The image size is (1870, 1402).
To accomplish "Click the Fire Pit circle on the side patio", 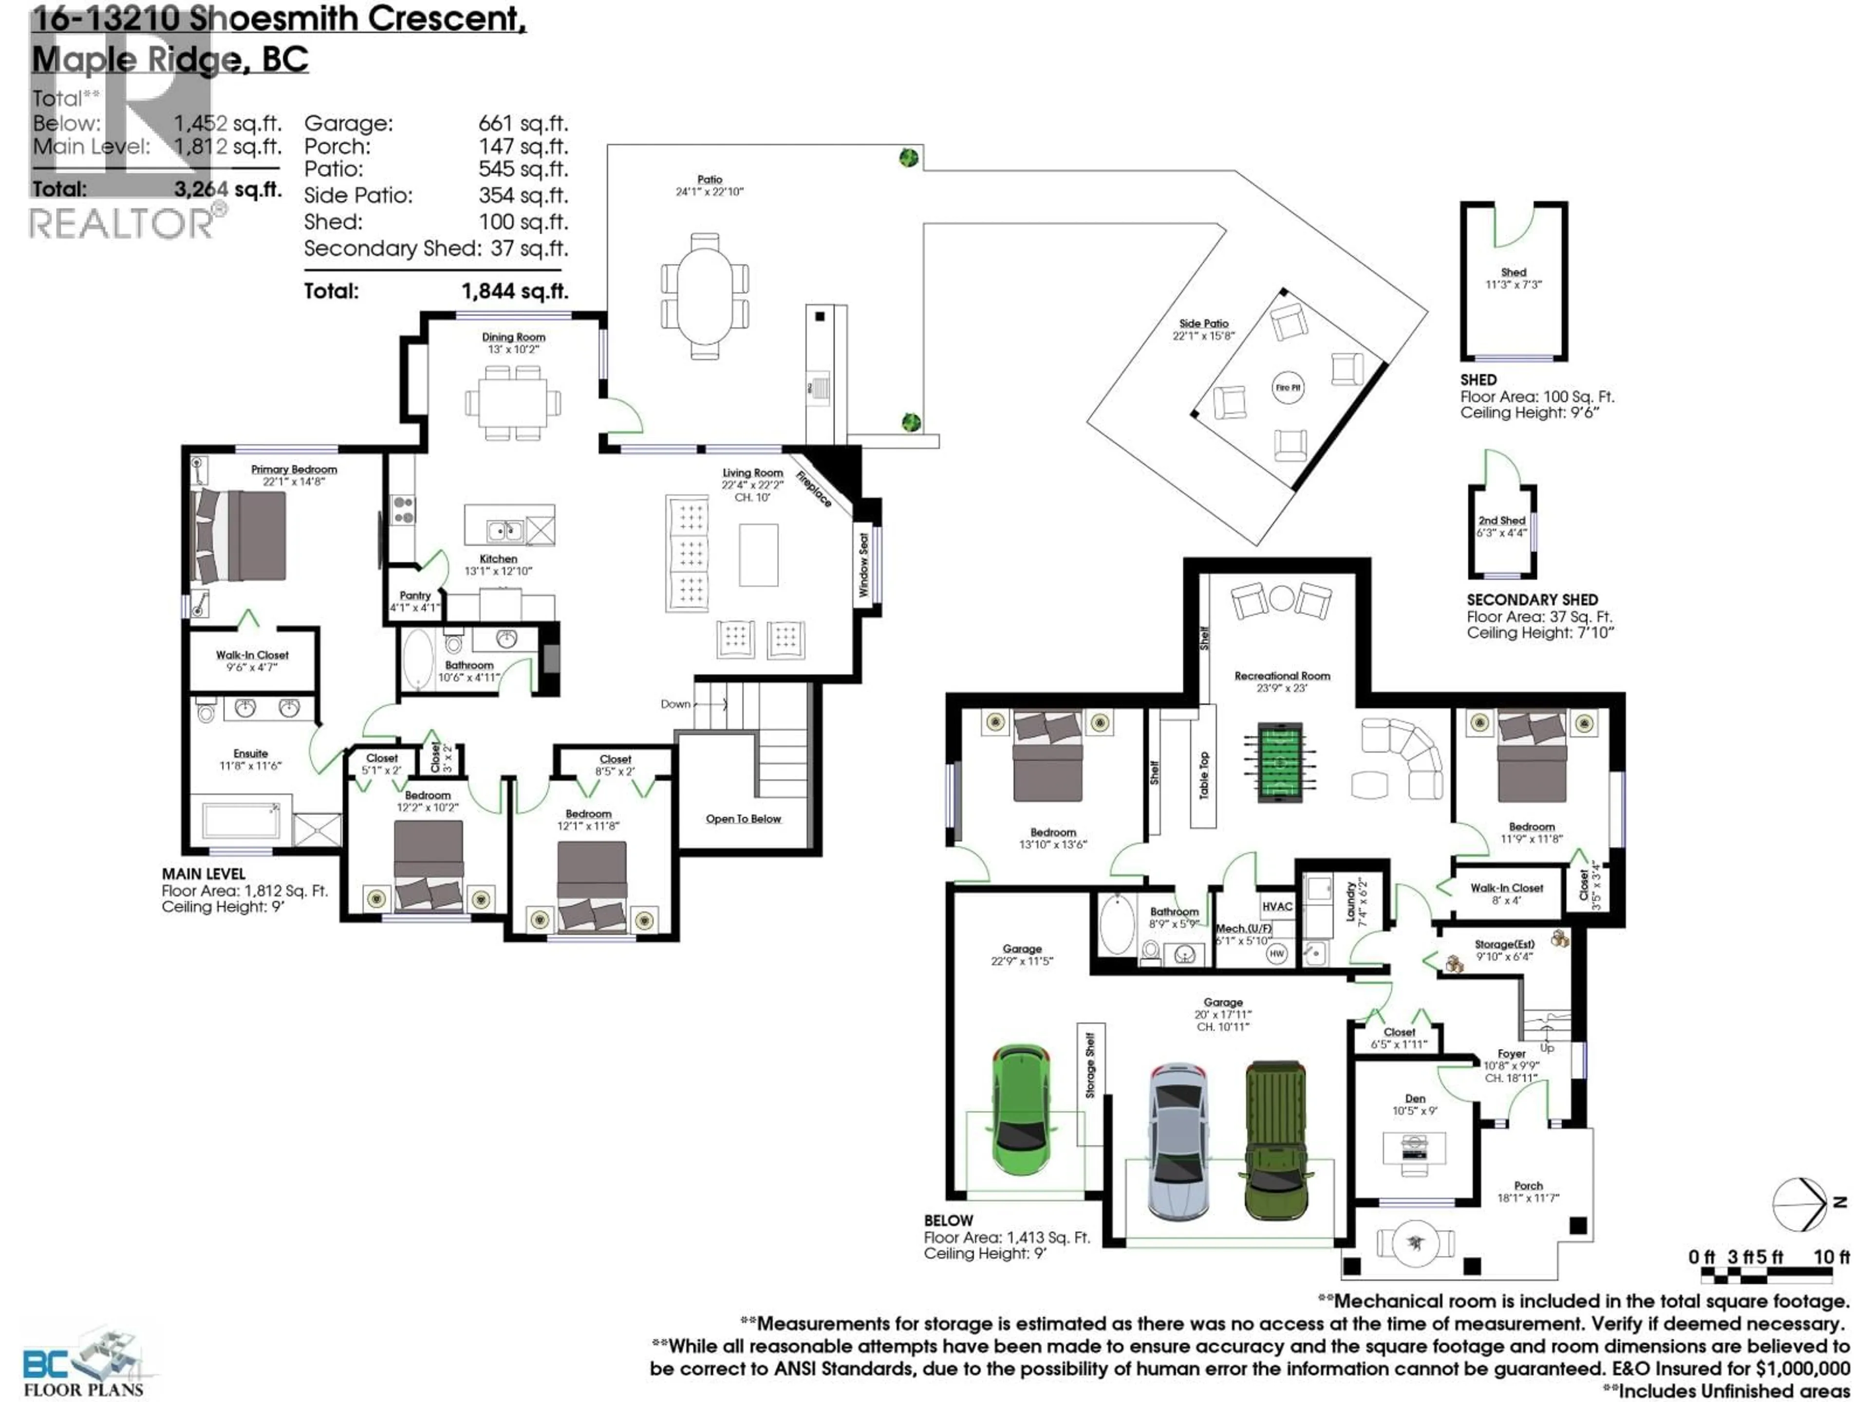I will click(1288, 388).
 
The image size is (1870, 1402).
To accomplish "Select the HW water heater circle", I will click(1276, 953).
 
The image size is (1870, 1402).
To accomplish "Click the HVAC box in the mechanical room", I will click(1276, 906).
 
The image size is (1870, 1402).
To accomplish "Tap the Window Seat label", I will click(863, 565).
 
